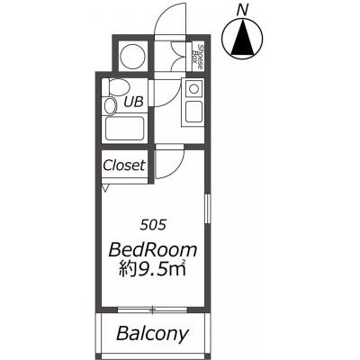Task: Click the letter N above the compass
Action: [x=242, y=11]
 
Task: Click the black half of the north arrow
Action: [x=238, y=42]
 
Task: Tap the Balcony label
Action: [x=153, y=334]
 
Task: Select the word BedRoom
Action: [x=153, y=250]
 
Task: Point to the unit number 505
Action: [x=153, y=225]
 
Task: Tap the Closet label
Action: [x=124, y=165]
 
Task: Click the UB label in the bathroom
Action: [x=133, y=102]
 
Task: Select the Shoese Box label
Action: [x=197, y=57]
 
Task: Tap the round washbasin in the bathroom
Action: [x=111, y=105]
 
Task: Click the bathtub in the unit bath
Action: [x=124, y=129]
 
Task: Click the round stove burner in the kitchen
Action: [x=193, y=88]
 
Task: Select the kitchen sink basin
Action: [x=193, y=112]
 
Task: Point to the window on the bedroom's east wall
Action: [x=207, y=209]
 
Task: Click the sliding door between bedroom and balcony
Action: [x=153, y=310]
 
